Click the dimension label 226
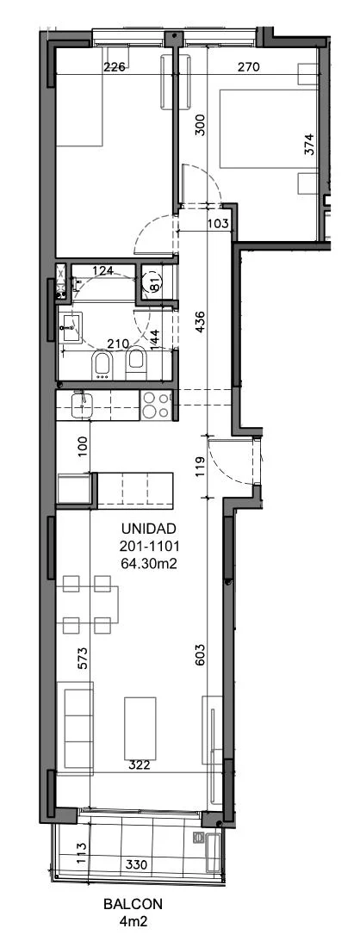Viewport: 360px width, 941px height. coord(114,67)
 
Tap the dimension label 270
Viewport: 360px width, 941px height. coord(248,67)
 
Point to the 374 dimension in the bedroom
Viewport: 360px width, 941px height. coord(309,145)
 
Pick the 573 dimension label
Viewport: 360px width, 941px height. coord(83,659)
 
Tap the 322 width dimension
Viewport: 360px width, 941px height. coord(139,765)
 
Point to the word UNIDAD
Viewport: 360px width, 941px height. coord(148,529)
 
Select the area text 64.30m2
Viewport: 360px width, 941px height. coord(148,563)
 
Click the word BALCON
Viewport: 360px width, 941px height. coord(133,904)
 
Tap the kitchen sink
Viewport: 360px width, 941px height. coord(80,405)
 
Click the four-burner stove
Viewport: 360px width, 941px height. coord(156,405)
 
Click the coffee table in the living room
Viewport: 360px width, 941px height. coord(140,728)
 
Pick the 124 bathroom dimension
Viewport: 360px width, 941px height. coord(103,270)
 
